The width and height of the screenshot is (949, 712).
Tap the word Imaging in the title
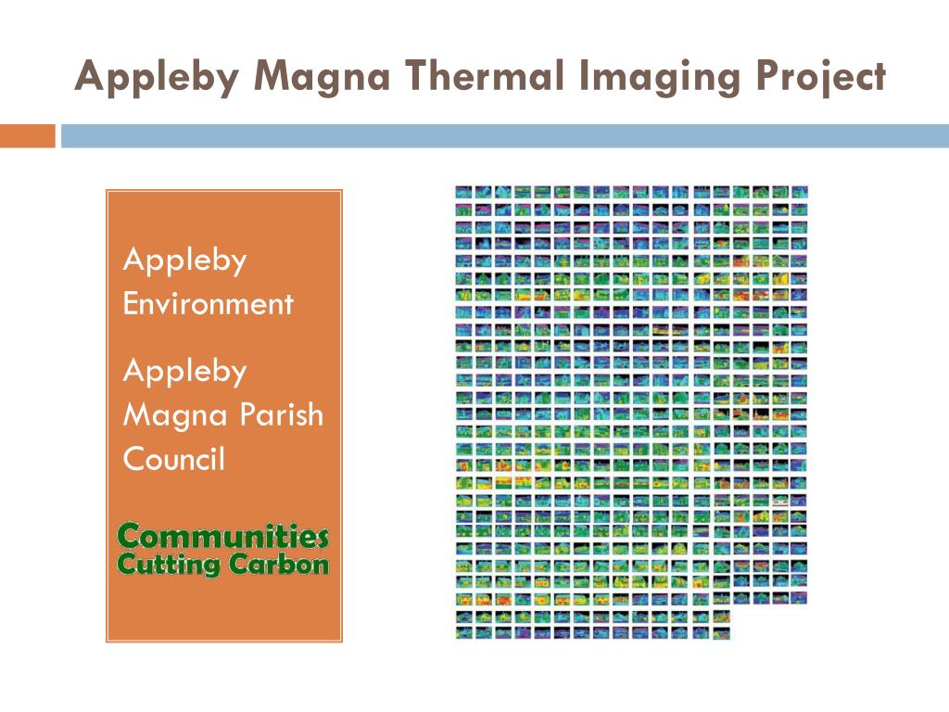pyautogui.click(x=660, y=79)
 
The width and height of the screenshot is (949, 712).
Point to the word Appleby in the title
pyautogui.click(x=158, y=78)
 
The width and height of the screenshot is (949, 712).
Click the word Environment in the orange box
pyautogui.click(x=209, y=303)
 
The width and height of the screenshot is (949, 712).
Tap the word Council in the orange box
pyautogui.click(x=174, y=458)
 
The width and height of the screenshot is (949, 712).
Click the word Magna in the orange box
pyautogui.click(x=175, y=416)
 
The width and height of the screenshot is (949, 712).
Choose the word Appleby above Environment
pyautogui.click(x=185, y=261)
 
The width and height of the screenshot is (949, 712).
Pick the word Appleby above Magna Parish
pyautogui.click(x=185, y=372)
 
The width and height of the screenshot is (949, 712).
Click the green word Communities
pyautogui.click(x=223, y=536)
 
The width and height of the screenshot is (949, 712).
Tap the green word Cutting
pyautogui.click(x=169, y=565)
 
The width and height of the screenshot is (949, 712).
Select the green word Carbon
pyautogui.click(x=279, y=564)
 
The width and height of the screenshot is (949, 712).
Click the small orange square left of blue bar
pyautogui.click(x=27, y=135)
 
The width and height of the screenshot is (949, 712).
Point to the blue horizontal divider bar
pyautogui.click(x=505, y=135)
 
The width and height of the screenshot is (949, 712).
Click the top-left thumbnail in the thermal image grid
pyautogui.click(x=463, y=192)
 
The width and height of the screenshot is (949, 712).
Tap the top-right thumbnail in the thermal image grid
pyautogui.click(x=800, y=192)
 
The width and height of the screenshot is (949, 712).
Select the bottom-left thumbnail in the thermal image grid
pyautogui.click(x=463, y=633)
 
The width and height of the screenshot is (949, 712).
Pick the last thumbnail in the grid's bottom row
pyautogui.click(x=721, y=633)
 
